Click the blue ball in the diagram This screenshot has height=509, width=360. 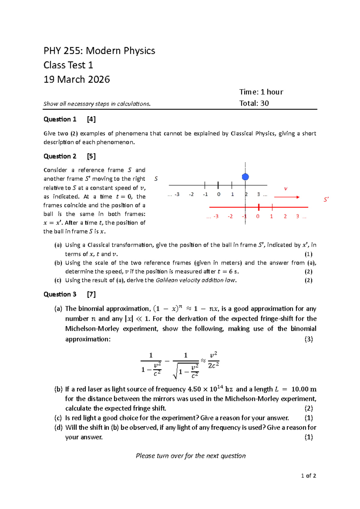(x=245, y=177)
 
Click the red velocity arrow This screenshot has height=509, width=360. (x=286, y=197)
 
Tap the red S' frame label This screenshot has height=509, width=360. (x=326, y=200)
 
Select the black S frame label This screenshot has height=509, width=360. (x=156, y=179)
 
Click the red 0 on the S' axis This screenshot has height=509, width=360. (x=258, y=216)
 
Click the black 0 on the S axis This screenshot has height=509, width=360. (x=219, y=194)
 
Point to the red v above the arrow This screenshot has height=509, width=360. (x=286, y=188)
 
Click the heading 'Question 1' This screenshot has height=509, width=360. (x=60, y=119)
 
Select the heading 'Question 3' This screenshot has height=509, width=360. (x=60, y=294)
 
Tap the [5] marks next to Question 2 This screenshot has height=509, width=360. (x=91, y=156)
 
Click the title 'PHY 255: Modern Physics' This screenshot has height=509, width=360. (x=99, y=51)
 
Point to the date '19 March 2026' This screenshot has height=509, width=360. (x=77, y=80)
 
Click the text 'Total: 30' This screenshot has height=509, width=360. (x=254, y=103)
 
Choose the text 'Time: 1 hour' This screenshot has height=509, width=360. (x=261, y=92)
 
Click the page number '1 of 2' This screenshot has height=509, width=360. (x=308, y=476)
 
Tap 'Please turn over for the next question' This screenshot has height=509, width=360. (x=190, y=456)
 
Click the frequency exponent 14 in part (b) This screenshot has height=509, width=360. (x=220, y=387)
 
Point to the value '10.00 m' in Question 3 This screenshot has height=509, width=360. (x=304, y=389)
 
